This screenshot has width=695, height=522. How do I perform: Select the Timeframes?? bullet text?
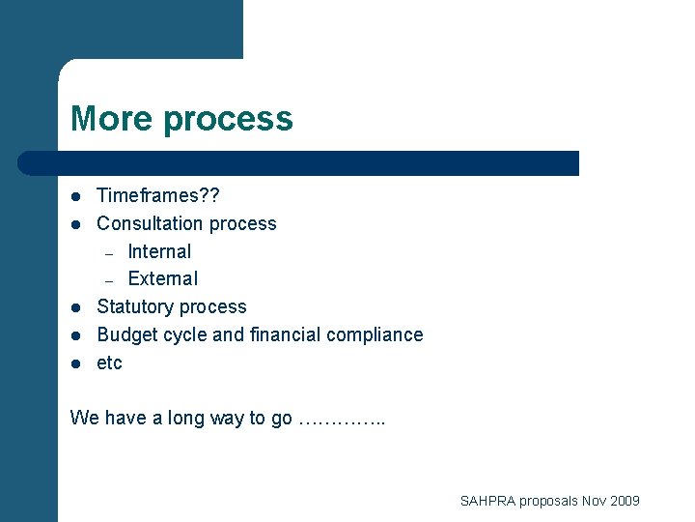click(158, 196)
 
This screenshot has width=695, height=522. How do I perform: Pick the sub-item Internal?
click(159, 251)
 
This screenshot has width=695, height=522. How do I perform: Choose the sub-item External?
click(162, 278)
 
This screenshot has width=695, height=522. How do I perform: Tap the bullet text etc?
click(110, 363)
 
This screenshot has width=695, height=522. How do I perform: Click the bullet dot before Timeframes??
click(74, 197)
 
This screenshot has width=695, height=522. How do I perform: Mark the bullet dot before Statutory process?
click(74, 307)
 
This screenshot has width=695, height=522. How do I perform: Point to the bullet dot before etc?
click(74, 363)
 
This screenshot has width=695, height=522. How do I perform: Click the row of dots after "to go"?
click(342, 420)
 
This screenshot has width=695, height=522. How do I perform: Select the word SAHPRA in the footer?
click(487, 501)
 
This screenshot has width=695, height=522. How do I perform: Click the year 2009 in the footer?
click(624, 501)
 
